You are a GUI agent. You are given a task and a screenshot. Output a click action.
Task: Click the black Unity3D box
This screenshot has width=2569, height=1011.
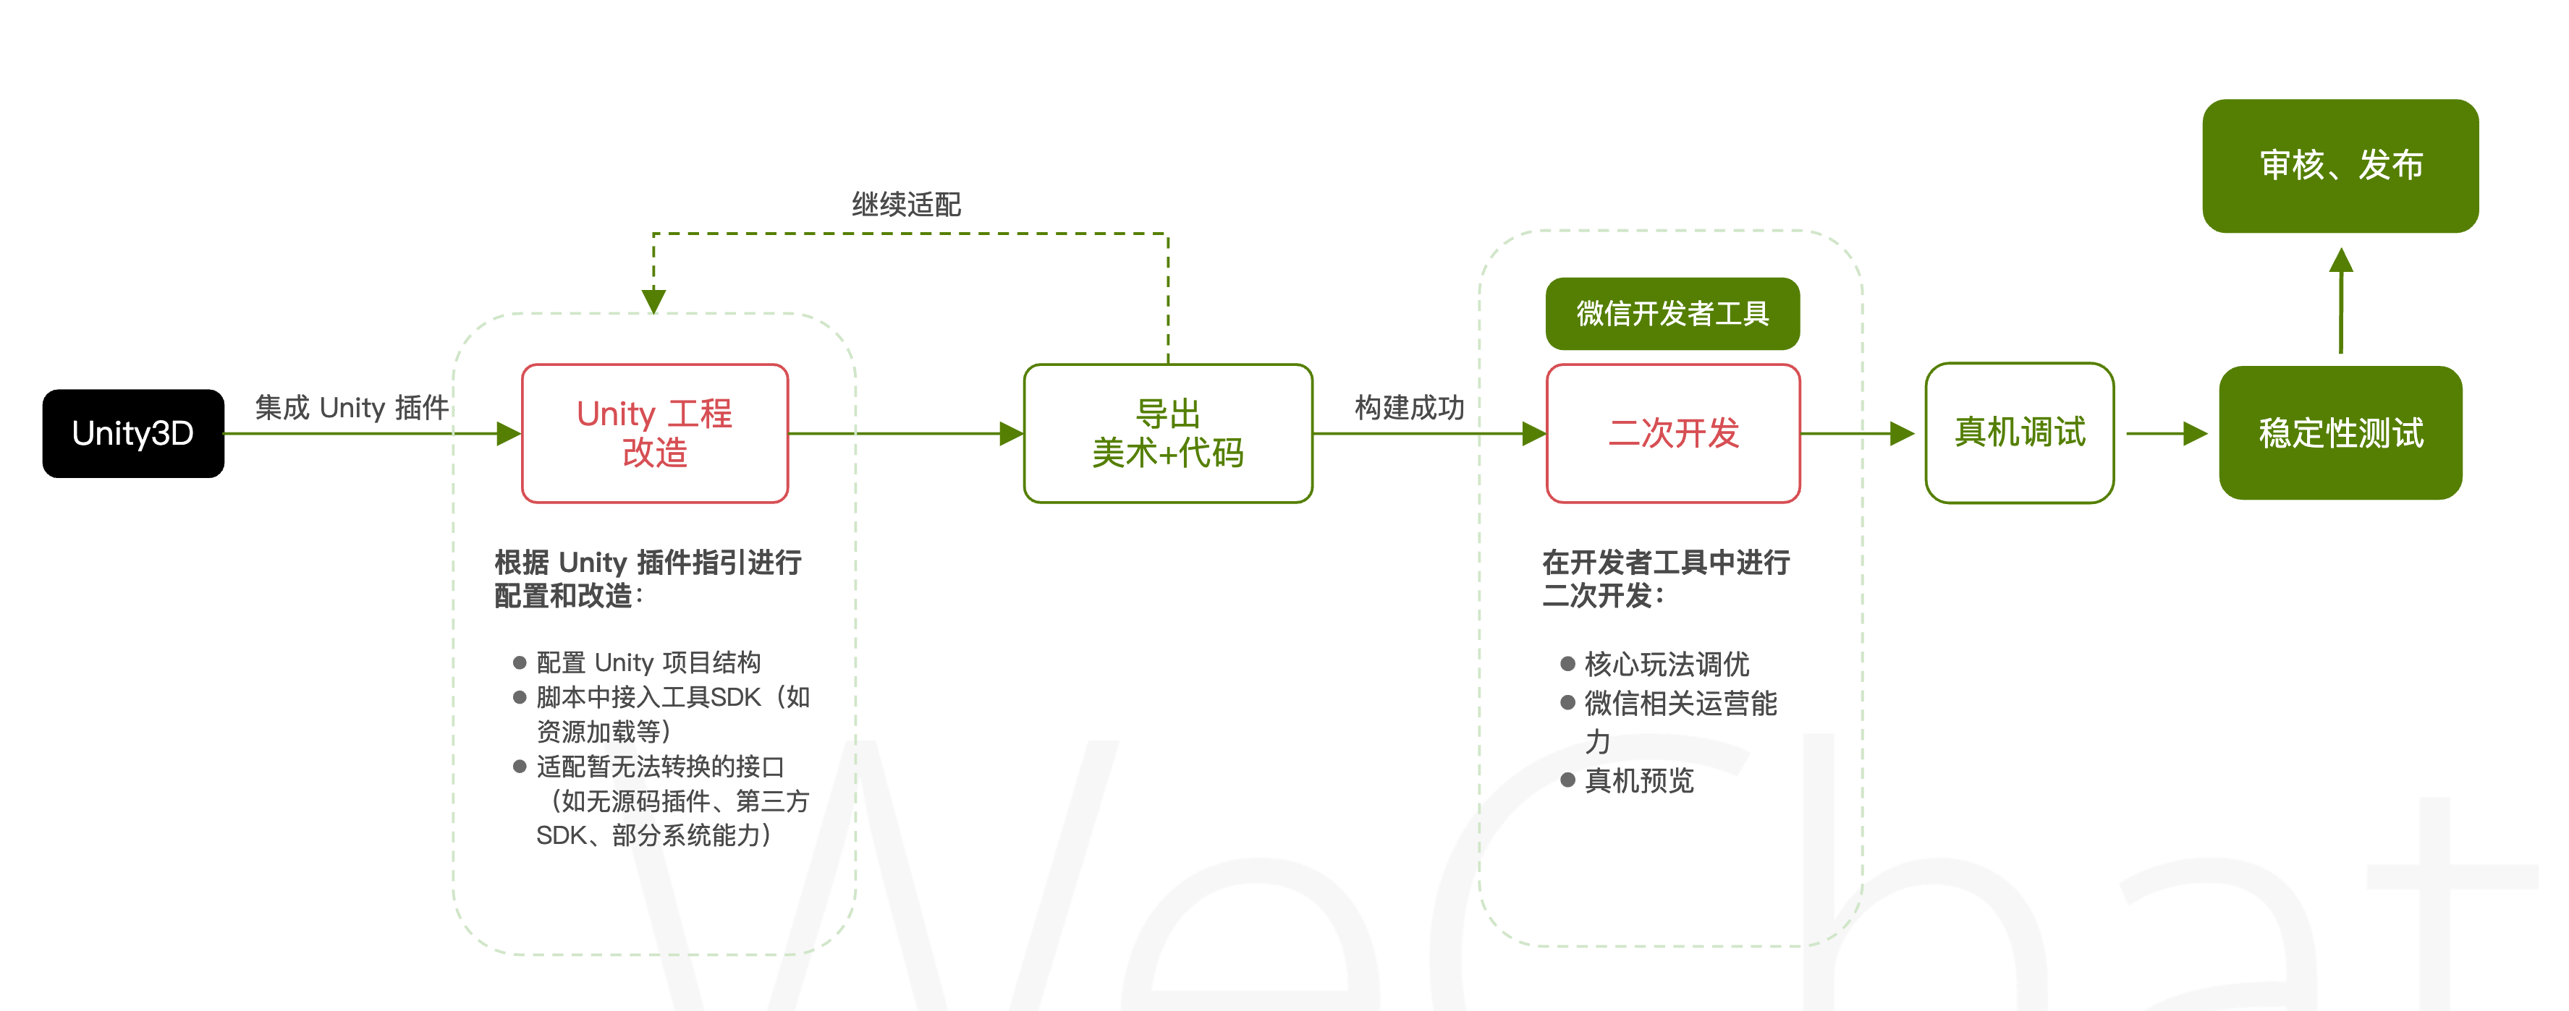132,434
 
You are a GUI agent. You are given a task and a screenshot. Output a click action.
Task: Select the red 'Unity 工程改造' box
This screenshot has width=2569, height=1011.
654,434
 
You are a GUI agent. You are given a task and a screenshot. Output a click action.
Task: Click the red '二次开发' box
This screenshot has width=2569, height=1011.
1672,434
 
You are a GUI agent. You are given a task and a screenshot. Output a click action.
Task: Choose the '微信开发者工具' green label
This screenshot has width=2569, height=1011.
1672,314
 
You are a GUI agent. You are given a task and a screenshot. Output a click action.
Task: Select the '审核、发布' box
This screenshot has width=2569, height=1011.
2340,166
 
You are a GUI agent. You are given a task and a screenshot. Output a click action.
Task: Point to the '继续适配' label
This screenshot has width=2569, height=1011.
905,205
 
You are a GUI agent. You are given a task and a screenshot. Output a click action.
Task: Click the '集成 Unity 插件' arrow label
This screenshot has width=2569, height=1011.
351,408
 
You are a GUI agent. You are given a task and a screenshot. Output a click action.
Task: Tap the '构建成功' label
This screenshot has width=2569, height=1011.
1408,408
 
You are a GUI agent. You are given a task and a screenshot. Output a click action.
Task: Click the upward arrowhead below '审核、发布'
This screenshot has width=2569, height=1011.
2340,261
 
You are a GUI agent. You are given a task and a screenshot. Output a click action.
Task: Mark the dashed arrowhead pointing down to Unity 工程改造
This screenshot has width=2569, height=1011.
653,300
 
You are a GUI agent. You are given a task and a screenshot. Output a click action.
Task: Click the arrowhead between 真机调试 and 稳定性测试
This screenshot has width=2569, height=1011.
2194,434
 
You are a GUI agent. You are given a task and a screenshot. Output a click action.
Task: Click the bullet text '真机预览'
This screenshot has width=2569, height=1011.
1638,781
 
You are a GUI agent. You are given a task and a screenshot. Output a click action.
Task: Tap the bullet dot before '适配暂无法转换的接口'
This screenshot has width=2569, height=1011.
520,767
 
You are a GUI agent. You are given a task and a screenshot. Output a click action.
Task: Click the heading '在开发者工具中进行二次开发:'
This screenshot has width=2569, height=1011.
1665,579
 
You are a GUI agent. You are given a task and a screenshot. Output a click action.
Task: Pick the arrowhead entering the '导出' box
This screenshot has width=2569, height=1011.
1010,434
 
